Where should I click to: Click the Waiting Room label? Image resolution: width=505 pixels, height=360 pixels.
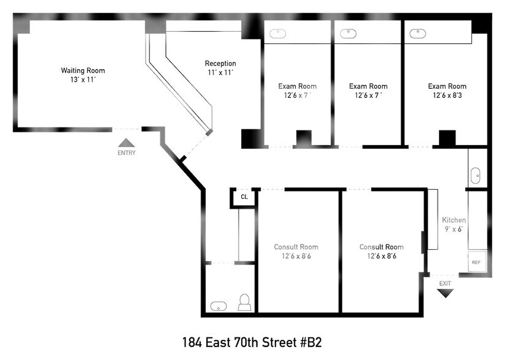(x=83, y=70)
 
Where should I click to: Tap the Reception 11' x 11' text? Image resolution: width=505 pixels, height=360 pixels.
(x=220, y=68)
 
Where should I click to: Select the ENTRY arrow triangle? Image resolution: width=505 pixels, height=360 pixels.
(x=126, y=143)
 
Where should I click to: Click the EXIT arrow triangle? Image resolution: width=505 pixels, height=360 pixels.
(x=445, y=293)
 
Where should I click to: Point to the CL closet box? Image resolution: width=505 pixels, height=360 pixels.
(x=244, y=197)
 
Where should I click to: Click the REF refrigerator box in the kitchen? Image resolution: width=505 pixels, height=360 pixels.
(x=476, y=261)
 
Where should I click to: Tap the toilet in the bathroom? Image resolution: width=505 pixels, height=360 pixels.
(x=244, y=303)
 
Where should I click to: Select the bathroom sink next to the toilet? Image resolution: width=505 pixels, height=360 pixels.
(x=218, y=305)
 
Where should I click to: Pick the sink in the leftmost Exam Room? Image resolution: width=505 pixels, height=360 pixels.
(x=279, y=34)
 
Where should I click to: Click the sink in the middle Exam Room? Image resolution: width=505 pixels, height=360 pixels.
(x=348, y=34)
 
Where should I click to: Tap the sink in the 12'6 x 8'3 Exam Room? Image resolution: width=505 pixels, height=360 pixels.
(x=418, y=34)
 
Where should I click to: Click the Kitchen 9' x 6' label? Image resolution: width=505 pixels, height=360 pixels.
(x=454, y=224)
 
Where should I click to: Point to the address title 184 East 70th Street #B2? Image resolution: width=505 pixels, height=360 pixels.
(x=252, y=342)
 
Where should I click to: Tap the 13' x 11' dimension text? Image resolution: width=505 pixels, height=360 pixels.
(x=83, y=80)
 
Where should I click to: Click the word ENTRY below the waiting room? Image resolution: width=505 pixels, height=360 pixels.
(x=126, y=153)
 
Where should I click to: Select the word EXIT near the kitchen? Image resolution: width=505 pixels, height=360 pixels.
(x=445, y=283)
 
